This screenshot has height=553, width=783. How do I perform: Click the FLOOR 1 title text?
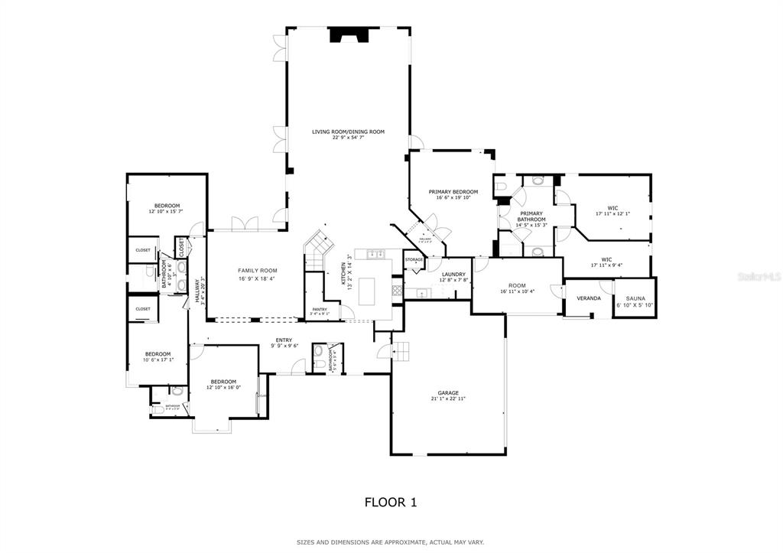(x=390, y=503)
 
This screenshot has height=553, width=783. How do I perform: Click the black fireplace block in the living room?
(x=348, y=36)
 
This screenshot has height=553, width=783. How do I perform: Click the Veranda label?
(x=588, y=298)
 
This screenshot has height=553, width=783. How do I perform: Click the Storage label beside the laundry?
(x=414, y=260)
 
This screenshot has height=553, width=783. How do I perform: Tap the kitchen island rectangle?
(x=368, y=290)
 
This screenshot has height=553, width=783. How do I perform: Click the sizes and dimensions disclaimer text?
(x=390, y=542)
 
